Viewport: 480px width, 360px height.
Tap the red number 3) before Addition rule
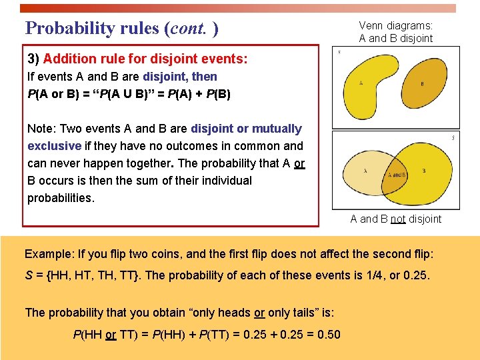click(x=33, y=59)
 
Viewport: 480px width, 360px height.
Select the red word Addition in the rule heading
click(x=71, y=59)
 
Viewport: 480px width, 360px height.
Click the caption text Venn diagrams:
click(x=395, y=26)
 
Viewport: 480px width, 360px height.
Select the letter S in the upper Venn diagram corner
click(x=339, y=52)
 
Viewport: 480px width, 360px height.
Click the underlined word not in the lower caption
click(x=397, y=219)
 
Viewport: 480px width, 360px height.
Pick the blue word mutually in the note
click(x=275, y=129)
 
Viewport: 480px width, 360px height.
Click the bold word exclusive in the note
click(x=54, y=146)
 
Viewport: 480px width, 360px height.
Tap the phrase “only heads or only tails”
click(x=219, y=313)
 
